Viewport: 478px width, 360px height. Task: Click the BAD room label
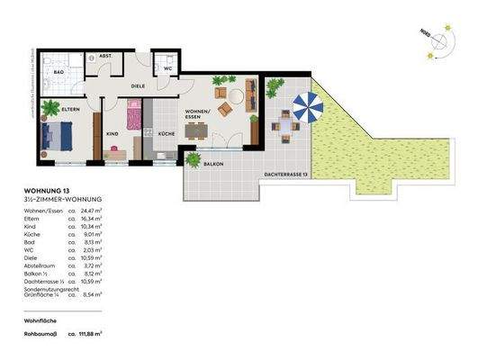[x=59, y=70]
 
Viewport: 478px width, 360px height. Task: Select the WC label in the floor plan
[x=167, y=67]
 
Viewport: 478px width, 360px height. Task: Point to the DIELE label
[x=139, y=86]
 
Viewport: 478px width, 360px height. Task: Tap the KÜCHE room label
[x=167, y=132]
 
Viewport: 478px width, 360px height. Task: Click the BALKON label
[x=213, y=165]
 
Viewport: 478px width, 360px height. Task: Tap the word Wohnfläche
[x=41, y=319]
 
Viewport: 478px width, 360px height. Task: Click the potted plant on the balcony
[x=193, y=158]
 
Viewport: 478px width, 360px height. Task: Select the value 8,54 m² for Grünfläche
[x=92, y=294]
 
